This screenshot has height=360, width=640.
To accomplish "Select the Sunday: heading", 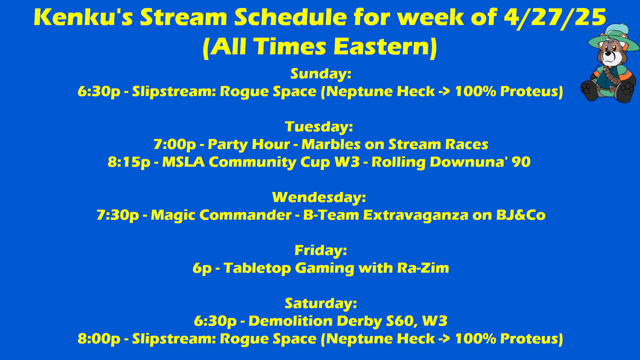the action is click(x=321, y=74).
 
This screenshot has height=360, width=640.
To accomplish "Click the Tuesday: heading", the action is click(x=319, y=127).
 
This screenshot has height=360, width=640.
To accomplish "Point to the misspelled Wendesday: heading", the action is click(x=319, y=197).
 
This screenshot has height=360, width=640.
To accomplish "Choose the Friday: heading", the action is click(x=321, y=251).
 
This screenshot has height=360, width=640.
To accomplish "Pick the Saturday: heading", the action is click(x=321, y=304).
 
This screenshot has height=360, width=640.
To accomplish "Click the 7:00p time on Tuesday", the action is click(x=175, y=145).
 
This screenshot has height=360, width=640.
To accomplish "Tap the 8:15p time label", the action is click(x=129, y=162).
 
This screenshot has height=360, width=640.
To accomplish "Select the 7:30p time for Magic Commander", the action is click(x=118, y=215).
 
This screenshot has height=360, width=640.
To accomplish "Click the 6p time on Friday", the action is click(x=202, y=268).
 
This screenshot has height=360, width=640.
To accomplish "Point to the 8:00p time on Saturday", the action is click(x=99, y=339).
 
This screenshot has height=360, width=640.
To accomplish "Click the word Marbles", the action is click(x=331, y=144).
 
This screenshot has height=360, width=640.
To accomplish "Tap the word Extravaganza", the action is click(x=416, y=215).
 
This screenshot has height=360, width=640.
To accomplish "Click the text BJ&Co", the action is click(x=521, y=215).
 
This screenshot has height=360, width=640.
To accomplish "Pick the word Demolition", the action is click(x=290, y=321).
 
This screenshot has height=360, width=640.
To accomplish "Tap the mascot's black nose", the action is click(x=608, y=53).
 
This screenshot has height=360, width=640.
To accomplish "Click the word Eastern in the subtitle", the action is click(x=385, y=47).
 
